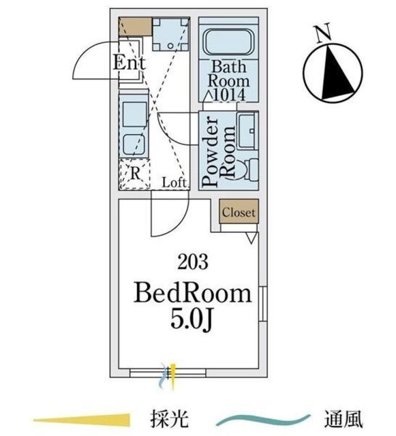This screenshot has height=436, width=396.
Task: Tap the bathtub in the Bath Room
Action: pos(229,42)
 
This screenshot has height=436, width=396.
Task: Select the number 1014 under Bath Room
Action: pos(229,95)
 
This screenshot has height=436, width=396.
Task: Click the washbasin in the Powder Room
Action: pos(247,131)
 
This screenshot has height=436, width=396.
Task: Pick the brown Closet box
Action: pos(239,211)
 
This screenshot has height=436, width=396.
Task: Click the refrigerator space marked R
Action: pos(135,174)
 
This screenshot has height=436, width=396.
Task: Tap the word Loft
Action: pos(174,183)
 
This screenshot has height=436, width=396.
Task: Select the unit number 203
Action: pos(193,262)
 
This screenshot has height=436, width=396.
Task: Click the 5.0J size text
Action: pos(192,319)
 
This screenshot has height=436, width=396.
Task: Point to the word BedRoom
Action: pos(192,294)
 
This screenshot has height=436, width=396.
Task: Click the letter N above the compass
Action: pos(322,33)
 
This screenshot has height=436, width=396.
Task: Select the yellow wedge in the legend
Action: pos(82,420)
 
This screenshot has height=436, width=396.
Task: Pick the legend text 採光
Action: pos(170,419)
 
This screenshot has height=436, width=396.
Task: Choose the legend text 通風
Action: pos(343,419)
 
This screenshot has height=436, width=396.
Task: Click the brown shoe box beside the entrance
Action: pos(135,27)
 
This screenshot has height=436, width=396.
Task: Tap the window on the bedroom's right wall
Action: pos(263,304)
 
